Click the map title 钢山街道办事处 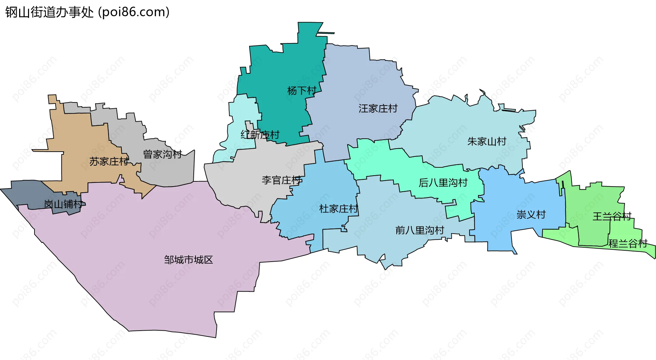(x=49, y=12)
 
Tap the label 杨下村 (x=302, y=91)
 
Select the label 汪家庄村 (x=378, y=109)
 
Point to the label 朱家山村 (x=487, y=141)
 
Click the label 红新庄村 (x=260, y=135)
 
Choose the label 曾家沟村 (x=162, y=154)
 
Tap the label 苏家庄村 (x=109, y=162)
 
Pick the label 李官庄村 (x=282, y=180)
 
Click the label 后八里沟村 (x=443, y=183)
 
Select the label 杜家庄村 (x=338, y=209)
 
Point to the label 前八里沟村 (x=420, y=230)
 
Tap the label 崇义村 (x=531, y=214)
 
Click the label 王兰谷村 (x=612, y=217)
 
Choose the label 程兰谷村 (x=628, y=244)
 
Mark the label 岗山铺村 (x=63, y=204)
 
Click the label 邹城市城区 (x=188, y=260)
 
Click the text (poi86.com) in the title (x=134, y=12)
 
